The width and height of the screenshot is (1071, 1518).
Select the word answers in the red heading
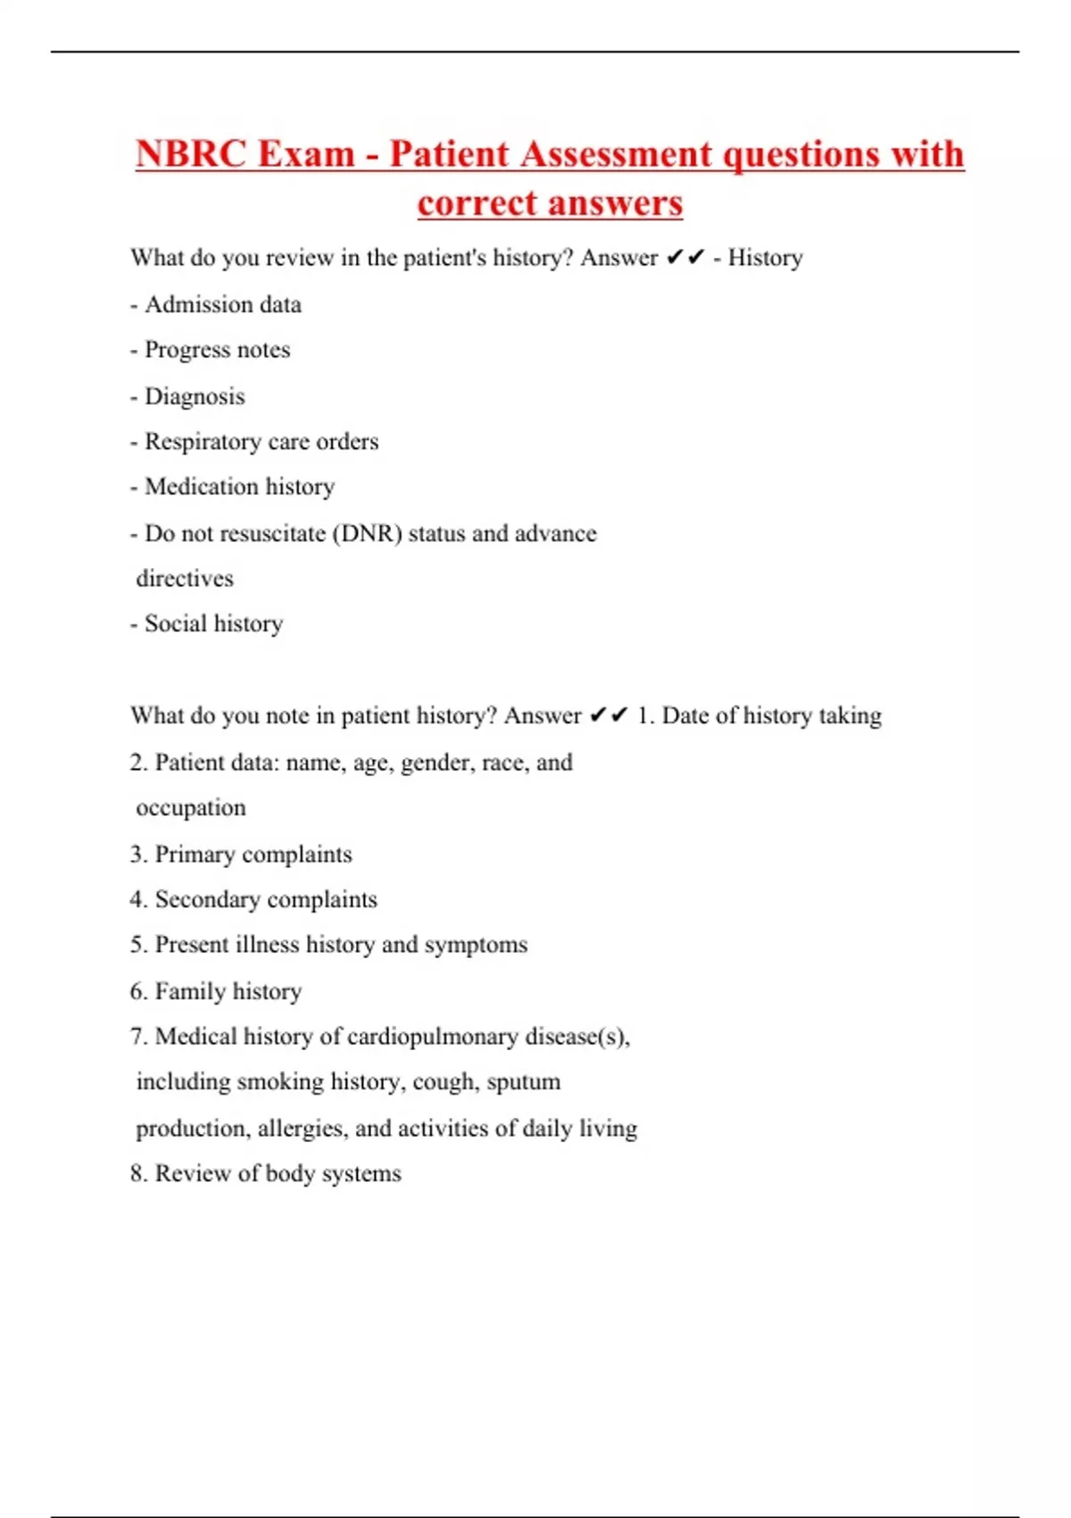coord(614,204)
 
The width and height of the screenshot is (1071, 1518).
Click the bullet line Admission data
coord(217,305)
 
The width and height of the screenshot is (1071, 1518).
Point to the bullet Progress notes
coord(212,350)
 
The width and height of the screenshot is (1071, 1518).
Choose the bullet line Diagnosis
coord(188,396)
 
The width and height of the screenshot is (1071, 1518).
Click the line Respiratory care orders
coord(255,442)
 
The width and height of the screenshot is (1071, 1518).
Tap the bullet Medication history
coord(234,488)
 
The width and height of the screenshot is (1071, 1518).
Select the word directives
coord(185,579)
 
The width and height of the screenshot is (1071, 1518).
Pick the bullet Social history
coord(208,624)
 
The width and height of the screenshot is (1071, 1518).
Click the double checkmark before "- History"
coord(685,258)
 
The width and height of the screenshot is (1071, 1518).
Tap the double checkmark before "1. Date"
coord(609,716)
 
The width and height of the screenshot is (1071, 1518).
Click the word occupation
coord(191,808)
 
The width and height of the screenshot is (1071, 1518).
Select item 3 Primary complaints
coord(242,855)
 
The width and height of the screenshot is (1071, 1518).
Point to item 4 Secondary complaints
coord(254,900)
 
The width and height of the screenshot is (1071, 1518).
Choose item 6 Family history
coord(217,991)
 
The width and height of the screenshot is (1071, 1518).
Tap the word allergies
coord(299,1129)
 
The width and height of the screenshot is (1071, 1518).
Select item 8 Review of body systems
coord(266,1174)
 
